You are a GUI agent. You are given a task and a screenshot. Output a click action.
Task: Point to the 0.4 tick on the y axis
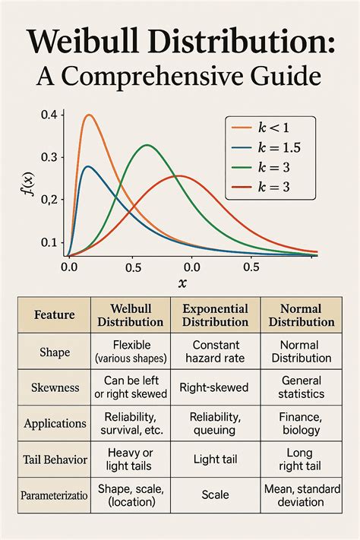(x=49, y=115)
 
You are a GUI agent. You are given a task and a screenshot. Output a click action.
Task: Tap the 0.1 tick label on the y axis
(x=49, y=242)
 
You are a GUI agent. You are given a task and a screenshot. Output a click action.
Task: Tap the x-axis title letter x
(x=182, y=283)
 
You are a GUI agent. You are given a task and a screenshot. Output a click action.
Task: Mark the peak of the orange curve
(x=90, y=115)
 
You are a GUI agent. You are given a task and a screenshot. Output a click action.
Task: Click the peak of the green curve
(x=147, y=145)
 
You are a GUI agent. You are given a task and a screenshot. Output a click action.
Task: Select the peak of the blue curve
(x=88, y=166)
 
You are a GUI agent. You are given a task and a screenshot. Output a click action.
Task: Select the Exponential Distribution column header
(x=215, y=315)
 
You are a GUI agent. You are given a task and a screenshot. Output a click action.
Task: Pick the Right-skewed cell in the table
(x=214, y=387)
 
